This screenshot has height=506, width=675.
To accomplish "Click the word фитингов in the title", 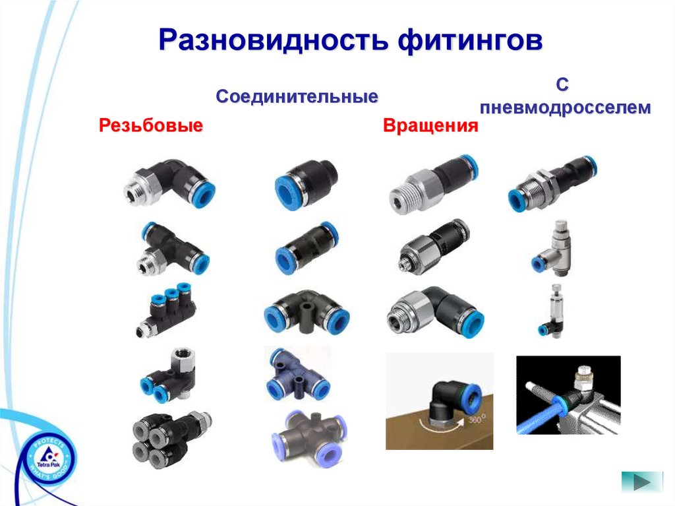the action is (x=470, y=42).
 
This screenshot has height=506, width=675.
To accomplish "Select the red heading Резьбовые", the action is (x=151, y=125).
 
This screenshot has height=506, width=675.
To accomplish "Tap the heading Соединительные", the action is (x=297, y=97).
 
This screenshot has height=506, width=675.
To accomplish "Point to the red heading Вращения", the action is (x=430, y=126).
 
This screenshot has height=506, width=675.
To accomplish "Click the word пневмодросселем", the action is (x=565, y=108).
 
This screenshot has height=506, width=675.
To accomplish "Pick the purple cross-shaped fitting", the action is (x=309, y=436).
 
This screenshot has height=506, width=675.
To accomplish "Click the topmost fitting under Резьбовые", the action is (x=169, y=183).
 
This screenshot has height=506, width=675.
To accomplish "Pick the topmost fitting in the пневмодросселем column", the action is (x=553, y=183).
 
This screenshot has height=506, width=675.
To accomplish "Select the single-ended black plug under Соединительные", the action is (x=306, y=185).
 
